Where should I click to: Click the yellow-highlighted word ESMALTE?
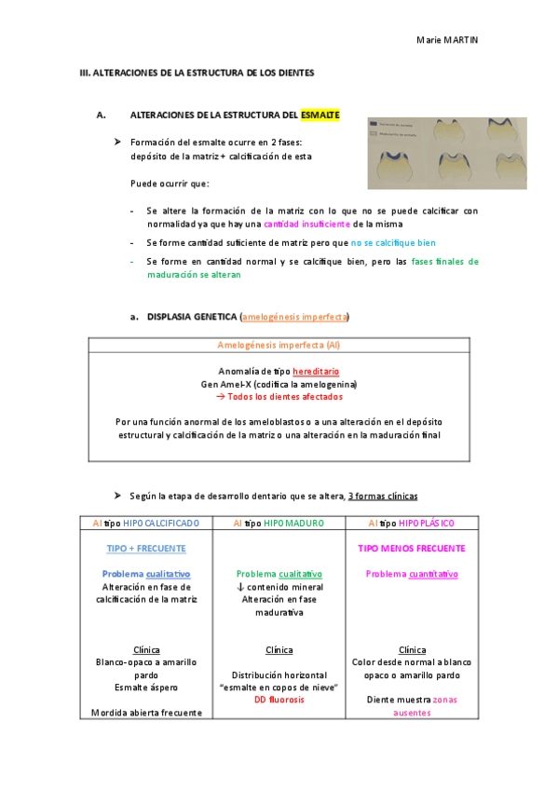pyautogui.click(x=320, y=116)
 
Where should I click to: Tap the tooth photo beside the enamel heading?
pyautogui.click(x=446, y=153)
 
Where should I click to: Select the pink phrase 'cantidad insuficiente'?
pyautogui.click(x=307, y=225)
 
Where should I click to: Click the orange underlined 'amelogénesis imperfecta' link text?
pyautogui.click(x=295, y=317)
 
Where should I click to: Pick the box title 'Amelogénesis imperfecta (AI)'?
pyautogui.click(x=279, y=345)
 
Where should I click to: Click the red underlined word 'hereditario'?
pyautogui.click(x=316, y=371)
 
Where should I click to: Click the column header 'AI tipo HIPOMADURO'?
pyautogui.click(x=279, y=524)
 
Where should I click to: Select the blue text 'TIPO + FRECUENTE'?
pyautogui.click(x=146, y=549)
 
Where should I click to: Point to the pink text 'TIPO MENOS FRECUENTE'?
pyautogui.click(x=411, y=549)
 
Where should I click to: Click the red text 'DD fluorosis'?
pyautogui.click(x=279, y=700)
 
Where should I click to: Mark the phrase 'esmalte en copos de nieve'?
pyautogui.click(x=279, y=687)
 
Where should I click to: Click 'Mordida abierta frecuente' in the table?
pyautogui.click(x=146, y=713)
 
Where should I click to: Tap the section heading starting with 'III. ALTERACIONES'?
pyautogui.click(x=197, y=73)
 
